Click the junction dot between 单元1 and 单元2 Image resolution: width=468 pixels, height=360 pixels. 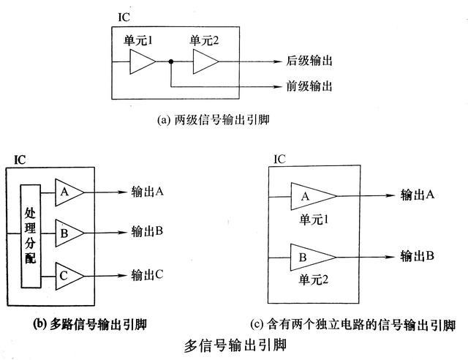[170, 63]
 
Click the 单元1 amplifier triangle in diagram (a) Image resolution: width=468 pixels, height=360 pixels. [141, 63]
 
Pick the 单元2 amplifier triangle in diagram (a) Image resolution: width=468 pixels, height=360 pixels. [205, 63]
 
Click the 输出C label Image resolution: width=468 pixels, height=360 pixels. [147, 275]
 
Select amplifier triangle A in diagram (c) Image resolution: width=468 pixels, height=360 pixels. [311, 195]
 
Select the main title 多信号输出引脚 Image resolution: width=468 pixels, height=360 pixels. [235, 345]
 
